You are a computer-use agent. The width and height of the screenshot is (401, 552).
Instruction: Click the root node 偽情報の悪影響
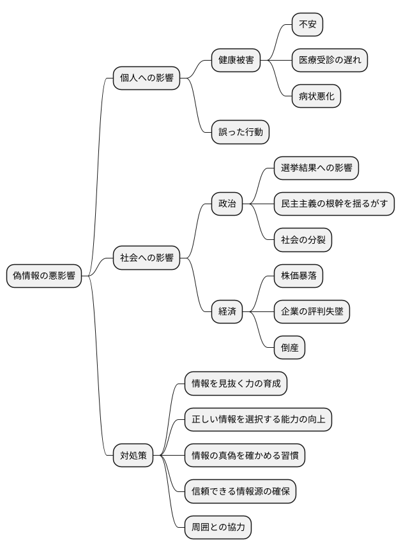coord(44,276)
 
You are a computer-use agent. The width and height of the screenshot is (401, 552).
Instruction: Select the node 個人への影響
coord(146,78)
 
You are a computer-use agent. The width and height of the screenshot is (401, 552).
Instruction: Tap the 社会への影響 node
coord(146,258)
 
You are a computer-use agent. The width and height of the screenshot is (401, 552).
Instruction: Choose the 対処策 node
coord(133,456)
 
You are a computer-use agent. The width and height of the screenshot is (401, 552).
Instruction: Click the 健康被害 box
coord(236,61)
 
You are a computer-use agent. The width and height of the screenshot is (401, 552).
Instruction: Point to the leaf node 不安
coord(307,25)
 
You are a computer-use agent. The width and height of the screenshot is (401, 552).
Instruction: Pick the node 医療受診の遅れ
coord(329,61)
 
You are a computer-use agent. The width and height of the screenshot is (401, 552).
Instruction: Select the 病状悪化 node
coord(316,96)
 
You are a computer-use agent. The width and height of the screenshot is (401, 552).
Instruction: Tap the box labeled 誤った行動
coord(240,132)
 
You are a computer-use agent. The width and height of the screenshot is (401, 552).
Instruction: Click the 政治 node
coord(227,204)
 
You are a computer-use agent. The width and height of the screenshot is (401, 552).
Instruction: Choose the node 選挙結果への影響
coord(316,168)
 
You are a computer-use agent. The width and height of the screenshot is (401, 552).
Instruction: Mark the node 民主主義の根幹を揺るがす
coord(334,204)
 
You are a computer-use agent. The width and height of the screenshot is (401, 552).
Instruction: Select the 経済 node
coord(227,311)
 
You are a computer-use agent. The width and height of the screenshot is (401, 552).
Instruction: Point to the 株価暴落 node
coord(298,276)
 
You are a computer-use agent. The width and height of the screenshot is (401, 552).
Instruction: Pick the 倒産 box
coord(289,348)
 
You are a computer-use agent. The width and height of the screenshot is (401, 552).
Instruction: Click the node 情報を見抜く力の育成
coord(236,384)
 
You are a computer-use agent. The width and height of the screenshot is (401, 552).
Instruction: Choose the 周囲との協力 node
coord(218,527)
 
